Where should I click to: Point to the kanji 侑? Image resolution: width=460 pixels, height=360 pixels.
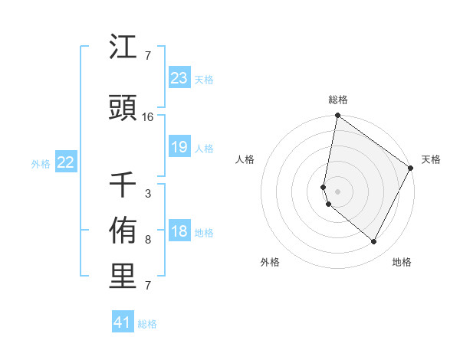point(123,232)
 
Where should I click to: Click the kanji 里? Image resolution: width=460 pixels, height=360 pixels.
point(123,277)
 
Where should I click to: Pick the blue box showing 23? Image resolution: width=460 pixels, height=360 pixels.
point(179,78)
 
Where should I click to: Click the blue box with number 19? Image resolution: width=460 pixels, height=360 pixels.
point(179,147)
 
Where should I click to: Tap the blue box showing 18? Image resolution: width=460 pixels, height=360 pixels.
point(179,232)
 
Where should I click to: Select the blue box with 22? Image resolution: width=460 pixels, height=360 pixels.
point(66,162)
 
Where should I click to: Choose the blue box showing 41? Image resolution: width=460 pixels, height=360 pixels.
point(123,322)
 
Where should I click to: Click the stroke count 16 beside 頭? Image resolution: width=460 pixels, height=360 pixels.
point(148,117)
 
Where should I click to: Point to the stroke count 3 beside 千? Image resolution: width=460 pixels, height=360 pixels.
point(148,194)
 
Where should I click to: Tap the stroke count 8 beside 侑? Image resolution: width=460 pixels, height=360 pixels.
point(148,240)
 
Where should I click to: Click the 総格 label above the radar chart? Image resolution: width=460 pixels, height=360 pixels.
point(338,100)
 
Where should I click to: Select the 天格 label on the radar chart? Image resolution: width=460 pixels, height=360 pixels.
point(431,159)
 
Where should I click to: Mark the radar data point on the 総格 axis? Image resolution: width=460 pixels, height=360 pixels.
point(337,116)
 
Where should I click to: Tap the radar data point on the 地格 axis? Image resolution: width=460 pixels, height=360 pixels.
point(374,242)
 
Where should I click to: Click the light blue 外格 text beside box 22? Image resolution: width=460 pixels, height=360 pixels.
point(41,163)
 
